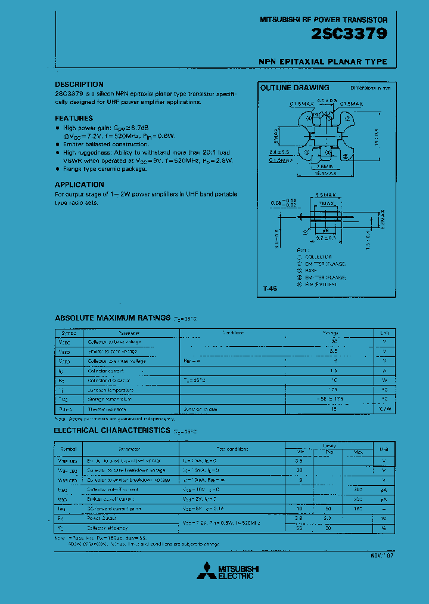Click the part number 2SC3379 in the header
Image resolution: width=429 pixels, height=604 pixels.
pos(349,35)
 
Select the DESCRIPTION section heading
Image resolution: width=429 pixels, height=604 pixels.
pos(79,85)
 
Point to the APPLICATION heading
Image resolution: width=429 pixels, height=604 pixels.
pos(79,185)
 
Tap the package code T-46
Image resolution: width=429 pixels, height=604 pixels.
pos(269,289)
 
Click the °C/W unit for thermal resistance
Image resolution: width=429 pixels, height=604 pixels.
pos(384,408)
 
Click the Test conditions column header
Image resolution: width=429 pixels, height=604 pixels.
pos(232,449)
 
